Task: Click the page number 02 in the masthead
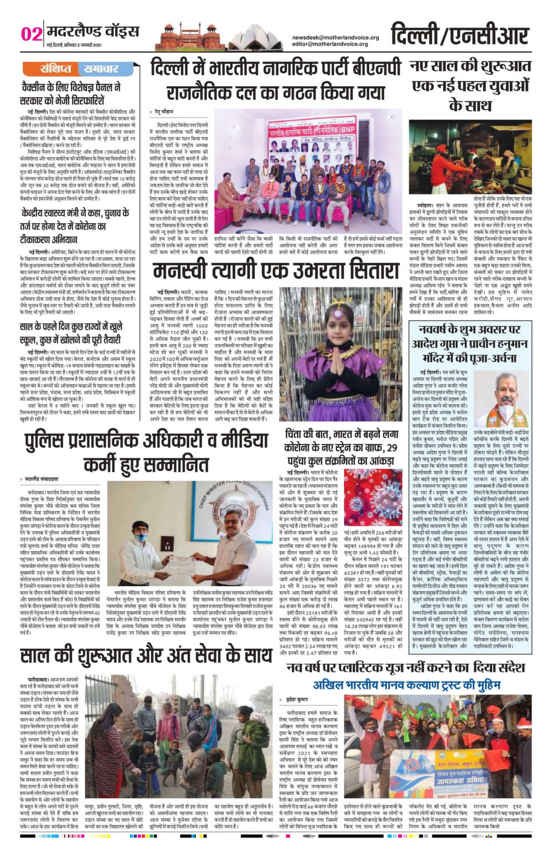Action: click(31, 35)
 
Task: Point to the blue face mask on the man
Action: click(141, 537)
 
